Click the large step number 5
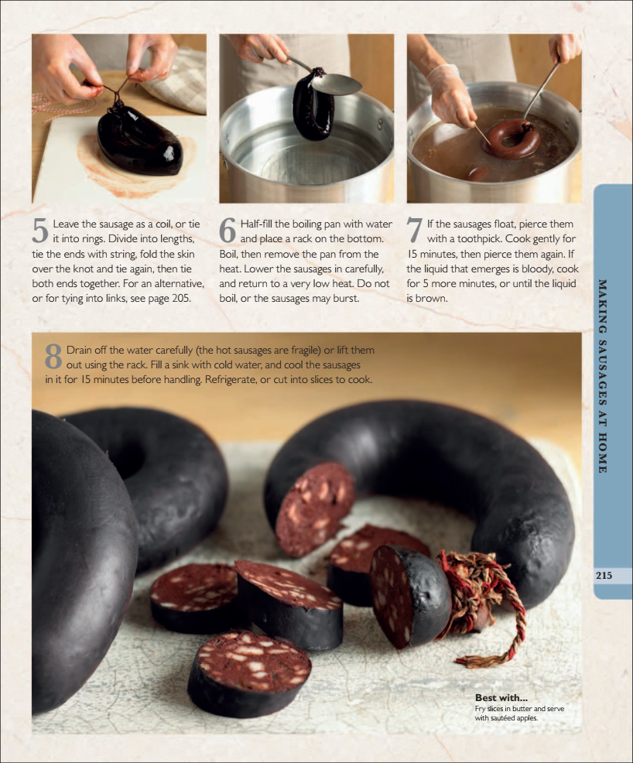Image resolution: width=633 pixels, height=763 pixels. [40, 230]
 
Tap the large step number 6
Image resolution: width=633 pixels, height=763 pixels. [228, 230]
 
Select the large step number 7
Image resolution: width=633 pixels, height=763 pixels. [414, 230]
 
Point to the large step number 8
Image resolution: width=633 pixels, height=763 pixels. [53, 356]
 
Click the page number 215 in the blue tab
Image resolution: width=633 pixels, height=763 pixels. [604, 575]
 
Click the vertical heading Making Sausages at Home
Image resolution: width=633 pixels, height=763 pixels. [602, 376]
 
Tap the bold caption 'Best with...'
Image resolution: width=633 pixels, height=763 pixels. [501, 698]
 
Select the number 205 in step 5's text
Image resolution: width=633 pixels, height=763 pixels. [180, 298]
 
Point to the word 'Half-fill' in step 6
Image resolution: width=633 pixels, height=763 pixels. [256, 224]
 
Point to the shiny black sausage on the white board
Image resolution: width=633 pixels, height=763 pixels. [140, 141]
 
